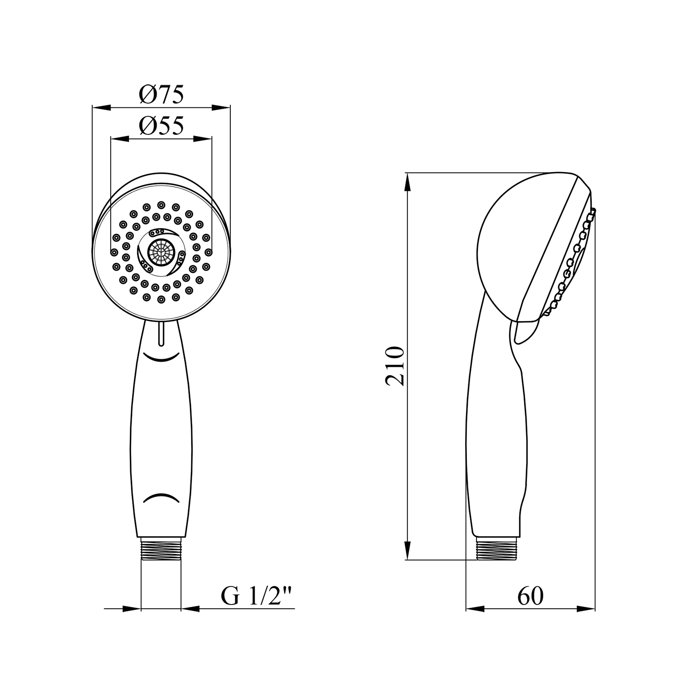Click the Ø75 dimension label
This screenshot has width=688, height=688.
[x=161, y=94]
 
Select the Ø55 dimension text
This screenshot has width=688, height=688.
[x=161, y=125]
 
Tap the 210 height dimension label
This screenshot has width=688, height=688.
[x=395, y=366]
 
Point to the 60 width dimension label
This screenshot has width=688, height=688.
[x=530, y=596]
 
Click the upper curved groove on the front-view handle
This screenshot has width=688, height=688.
[x=161, y=356]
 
